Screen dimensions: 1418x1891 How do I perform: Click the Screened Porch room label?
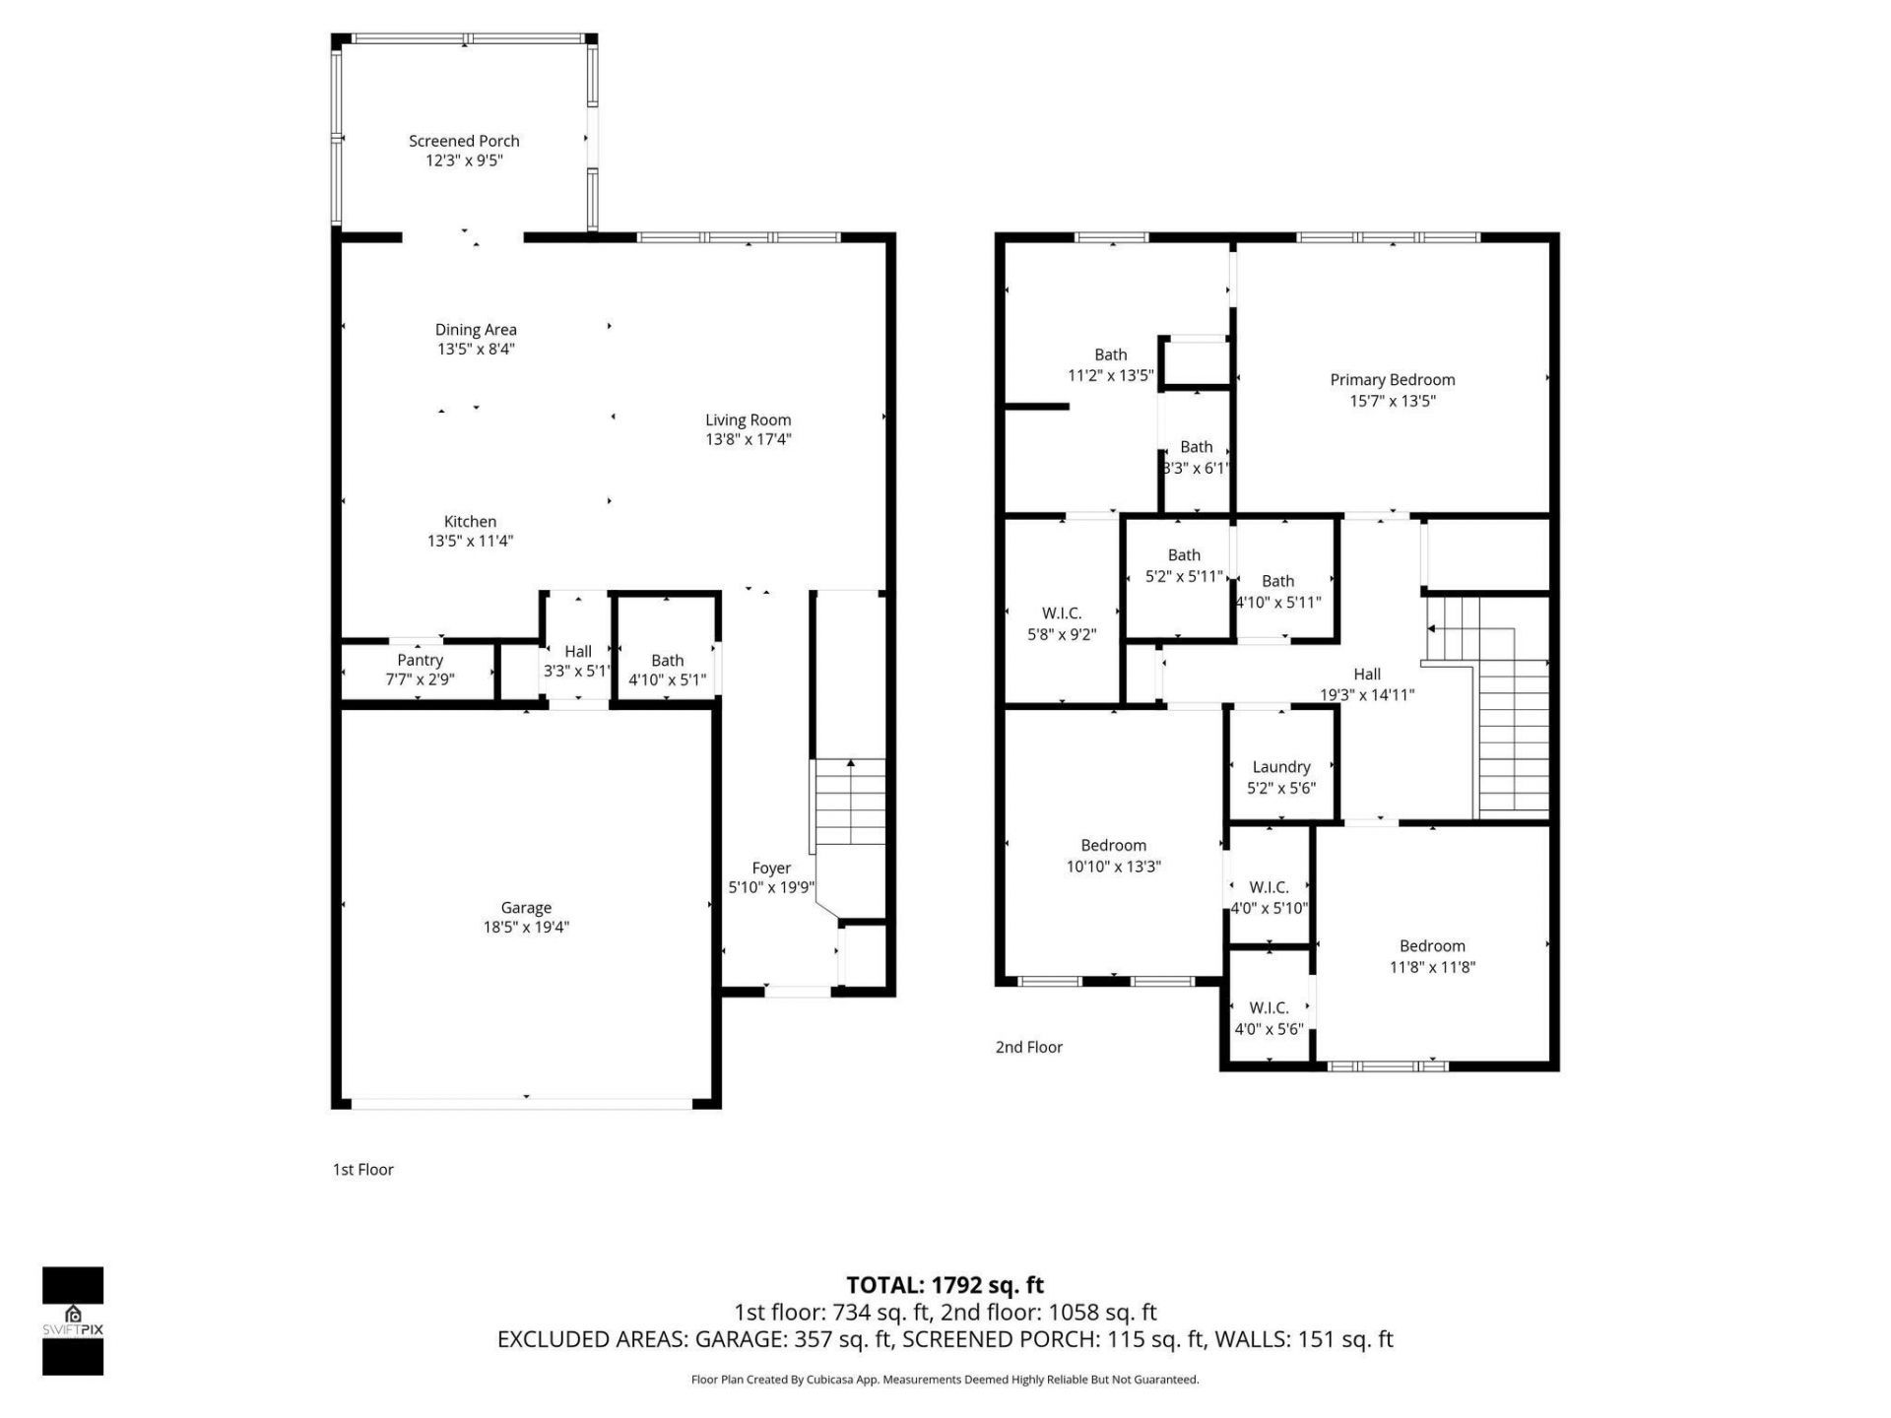pyautogui.click(x=464, y=141)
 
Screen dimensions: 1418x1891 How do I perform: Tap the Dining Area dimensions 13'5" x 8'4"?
pyautogui.click(x=476, y=349)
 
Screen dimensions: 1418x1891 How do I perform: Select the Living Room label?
pyautogui.click(x=748, y=419)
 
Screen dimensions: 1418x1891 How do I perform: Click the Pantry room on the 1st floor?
pyautogui.click(x=420, y=670)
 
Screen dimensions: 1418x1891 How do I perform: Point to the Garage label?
pyautogui.click(x=526, y=907)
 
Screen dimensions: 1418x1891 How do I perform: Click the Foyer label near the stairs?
pyautogui.click(x=771, y=868)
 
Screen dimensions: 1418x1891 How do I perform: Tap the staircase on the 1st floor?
pyautogui.click(x=849, y=803)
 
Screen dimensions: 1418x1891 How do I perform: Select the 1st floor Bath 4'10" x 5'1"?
pyautogui.click(x=667, y=670)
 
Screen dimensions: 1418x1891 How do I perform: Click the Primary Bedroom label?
pyautogui.click(x=1392, y=379)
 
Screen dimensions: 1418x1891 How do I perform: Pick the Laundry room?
pyautogui.click(x=1280, y=776)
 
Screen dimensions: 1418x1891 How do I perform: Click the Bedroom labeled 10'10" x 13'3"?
pyautogui.click(x=1113, y=855)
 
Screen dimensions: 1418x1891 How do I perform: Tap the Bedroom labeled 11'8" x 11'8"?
pyautogui.click(x=1431, y=955)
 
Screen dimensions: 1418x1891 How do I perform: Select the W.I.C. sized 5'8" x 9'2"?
pyautogui.click(x=1061, y=623)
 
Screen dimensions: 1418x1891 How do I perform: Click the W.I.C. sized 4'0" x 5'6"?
pyautogui.click(x=1269, y=1017)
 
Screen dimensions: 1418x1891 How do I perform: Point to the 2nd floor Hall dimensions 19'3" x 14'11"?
pyautogui.click(x=1367, y=694)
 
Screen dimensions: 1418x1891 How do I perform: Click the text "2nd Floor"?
pyautogui.click(x=1028, y=1047)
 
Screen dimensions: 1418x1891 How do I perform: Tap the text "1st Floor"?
pyautogui.click(x=362, y=1169)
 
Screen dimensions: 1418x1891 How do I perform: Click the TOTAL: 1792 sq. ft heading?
pyautogui.click(x=945, y=1284)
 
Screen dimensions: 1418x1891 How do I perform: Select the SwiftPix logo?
pyautogui.click(x=73, y=1320)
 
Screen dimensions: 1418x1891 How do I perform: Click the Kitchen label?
pyautogui.click(x=470, y=521)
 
